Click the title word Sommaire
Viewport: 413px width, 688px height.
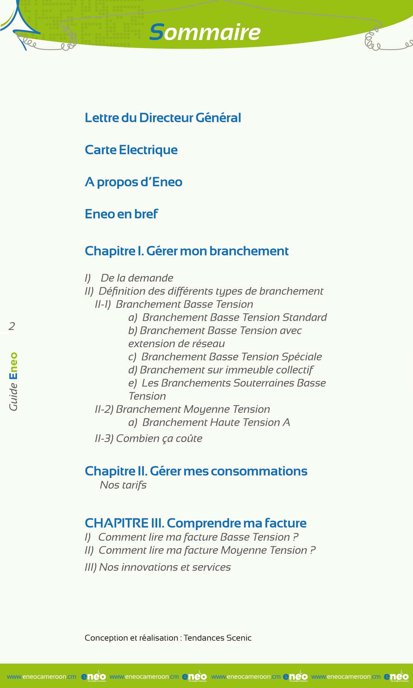coord(205,32)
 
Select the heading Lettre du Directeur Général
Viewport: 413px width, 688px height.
coord(163,118)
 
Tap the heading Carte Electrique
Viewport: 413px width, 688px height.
coord(131,150)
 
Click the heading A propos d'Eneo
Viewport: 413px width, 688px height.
coord(134,182)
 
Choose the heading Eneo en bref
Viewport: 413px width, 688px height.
coord(121,214)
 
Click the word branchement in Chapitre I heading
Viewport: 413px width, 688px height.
coord(249,251)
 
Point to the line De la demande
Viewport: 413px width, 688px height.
coord(137,278)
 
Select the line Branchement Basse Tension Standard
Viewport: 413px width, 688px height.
coord(235,317)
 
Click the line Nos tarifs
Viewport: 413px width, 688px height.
coord(123,485)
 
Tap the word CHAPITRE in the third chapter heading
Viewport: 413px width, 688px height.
coord(117,523)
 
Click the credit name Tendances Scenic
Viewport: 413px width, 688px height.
coord(217,638)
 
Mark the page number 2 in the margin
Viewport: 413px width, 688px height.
coord(12,326)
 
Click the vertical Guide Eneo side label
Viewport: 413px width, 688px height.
coord(13,381)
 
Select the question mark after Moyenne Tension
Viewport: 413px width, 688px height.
coord(313,550)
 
